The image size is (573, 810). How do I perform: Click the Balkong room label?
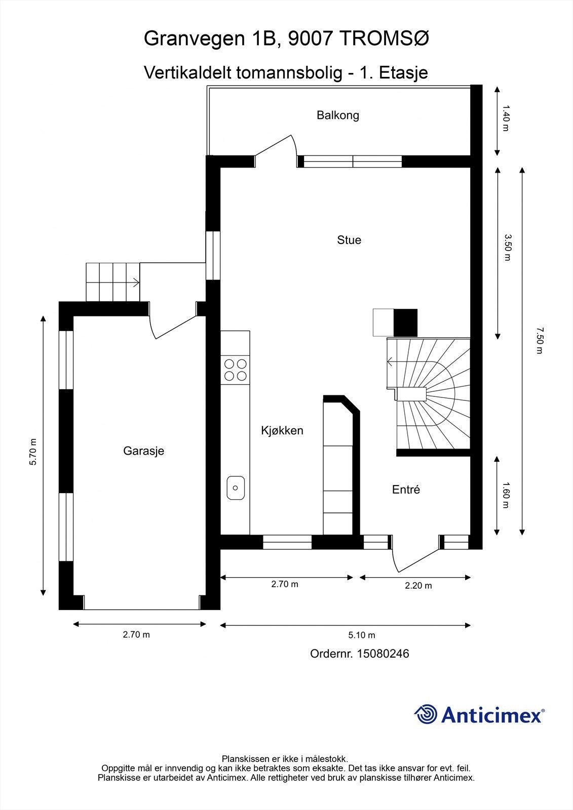pyautogui.click(x=338, y=115)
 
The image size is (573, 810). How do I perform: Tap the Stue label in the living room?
pyautogui.click(x=349, y=240)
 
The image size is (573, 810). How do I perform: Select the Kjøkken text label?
pyautogui.click(x=282, y=431)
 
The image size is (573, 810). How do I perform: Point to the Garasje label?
pyautogui.click(x=143, y=451)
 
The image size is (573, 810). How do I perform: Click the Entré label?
pyautogui.click(x=406, y=490)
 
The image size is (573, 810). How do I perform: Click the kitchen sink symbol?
pyautogui.click(x=236, y=488)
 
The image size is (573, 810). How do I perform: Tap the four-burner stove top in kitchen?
pyautogui.click(x=236, y=370)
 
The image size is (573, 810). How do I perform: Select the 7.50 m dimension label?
pyautogui.click(x=539, y=341)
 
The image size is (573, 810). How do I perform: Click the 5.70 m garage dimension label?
pyautogui.click(x=33, y=452)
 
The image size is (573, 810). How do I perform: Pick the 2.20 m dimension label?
pyautogui.click(x=418, y=586)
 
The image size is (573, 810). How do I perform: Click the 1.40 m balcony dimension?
pyautogui.click(x=505, y=118)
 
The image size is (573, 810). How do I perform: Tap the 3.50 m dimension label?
pyautogui.click(x=507, y=247)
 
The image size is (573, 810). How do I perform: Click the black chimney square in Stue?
pyautogui.click(x=405, y=322)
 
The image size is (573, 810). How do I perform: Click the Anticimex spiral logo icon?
pyautogui.click(x=426, y=715)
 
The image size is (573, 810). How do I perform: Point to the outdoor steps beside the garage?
pyautogui.click(x=112, y=282)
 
